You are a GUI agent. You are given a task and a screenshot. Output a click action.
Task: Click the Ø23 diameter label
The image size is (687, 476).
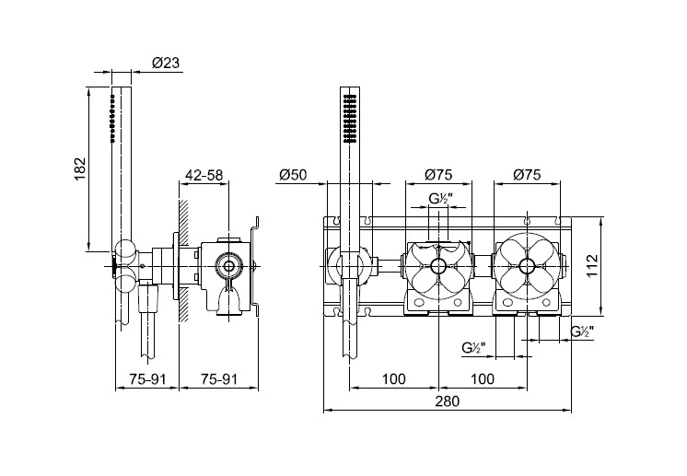coord(166,63)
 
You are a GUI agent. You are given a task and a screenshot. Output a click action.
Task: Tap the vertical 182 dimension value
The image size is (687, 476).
coord(79,169)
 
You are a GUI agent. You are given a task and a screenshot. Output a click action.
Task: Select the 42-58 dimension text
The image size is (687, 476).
coord(204,175)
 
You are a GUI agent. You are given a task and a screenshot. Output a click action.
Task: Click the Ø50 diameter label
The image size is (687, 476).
coord(293,175)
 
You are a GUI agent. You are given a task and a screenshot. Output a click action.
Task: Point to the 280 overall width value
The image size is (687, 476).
coord(447,401)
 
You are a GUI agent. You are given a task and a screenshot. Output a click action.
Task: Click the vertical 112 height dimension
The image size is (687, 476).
coord(592,265)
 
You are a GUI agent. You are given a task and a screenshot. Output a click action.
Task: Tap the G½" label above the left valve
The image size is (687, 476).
coord(439,199)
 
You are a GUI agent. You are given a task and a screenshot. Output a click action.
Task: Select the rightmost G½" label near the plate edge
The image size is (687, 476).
coord(582,332)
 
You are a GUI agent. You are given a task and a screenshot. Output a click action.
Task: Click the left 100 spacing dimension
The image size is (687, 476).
coord(393,378)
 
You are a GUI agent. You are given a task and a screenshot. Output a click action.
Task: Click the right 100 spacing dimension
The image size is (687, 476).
coord(482,378)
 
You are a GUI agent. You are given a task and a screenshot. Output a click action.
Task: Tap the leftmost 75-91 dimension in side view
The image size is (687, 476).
coord(147,378)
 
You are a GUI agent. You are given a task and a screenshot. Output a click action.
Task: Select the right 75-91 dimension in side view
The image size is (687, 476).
coord(219,378)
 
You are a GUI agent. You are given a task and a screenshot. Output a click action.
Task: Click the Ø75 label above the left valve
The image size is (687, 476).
coord(438,175)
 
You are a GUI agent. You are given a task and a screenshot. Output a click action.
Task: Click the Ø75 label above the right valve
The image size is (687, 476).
coord(527,175)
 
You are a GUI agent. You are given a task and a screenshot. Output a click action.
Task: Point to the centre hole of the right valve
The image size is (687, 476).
coord(527,265)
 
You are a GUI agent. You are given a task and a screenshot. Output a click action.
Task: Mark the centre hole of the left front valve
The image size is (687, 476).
coord(438,265)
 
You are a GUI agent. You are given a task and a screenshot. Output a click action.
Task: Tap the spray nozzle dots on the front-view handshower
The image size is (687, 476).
coord(350,118)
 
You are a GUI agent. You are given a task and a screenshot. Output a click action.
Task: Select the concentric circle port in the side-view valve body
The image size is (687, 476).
coord(228,266)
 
